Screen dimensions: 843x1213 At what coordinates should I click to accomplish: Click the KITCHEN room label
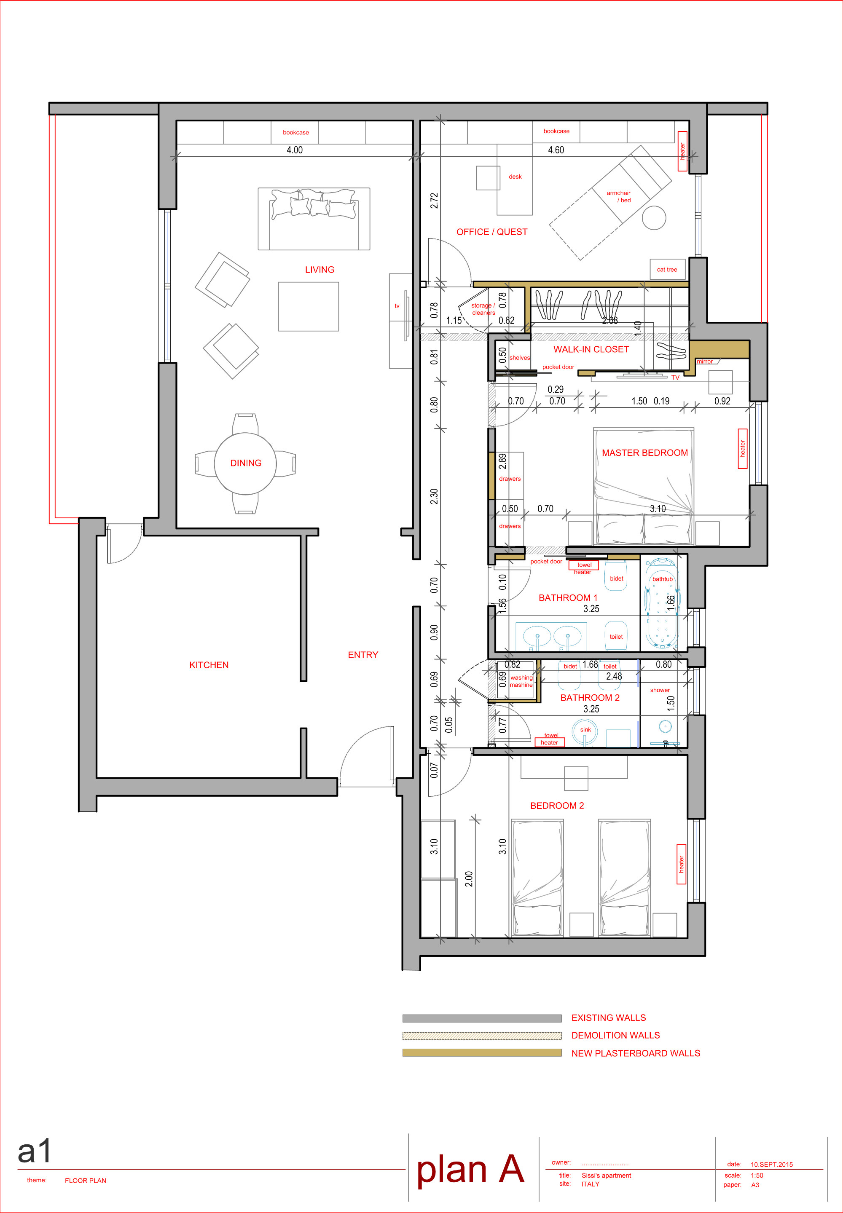pyautogui.click(x=209, y=665)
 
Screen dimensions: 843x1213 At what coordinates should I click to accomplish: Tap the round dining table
pyautogui.click(x=245, y=463)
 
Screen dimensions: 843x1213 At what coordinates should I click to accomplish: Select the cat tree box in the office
pyautogui.click(x=667, y=269)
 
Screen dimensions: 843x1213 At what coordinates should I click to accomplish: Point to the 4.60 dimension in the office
pyautogui.click(x=556, y=150)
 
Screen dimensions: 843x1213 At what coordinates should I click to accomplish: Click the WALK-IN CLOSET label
pyautogui.click(x=591, y=349)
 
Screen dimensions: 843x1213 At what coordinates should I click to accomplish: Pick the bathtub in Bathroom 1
pyautogui.click(x=662, y=603)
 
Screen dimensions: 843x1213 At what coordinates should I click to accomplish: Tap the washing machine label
pyautogui.click(x=521, y=681)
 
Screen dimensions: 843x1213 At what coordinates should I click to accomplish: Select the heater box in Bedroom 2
pyautogui.click(x=682, y=864)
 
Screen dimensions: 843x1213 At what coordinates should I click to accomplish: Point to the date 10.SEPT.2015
pyautogui.click(x=772, y=1165)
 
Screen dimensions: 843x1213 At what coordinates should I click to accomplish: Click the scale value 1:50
pyautogui.click(x=757, y=1176)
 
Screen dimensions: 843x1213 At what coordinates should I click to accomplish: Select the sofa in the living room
pyautogui.click(x=314, y=219)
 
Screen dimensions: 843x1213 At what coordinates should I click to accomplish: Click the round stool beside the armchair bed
pyautogui.click(x=654, y=217)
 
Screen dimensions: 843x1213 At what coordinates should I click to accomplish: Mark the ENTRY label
pyautogui.click(x=363, y=655)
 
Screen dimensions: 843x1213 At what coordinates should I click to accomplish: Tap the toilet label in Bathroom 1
pyautogui.click(x=616, y=637)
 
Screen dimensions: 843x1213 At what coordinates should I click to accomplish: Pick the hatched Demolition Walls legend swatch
pyautogui.click(x=482, y=1036)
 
